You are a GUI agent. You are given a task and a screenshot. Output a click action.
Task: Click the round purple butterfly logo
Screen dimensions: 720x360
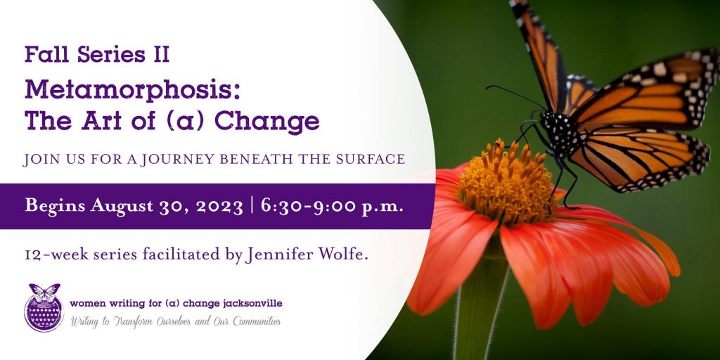(44, 307)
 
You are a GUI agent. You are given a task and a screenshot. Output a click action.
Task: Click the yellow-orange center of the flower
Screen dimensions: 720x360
(508, 182)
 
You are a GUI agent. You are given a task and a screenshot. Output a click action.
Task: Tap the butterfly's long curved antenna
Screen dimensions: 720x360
(514, 95)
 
